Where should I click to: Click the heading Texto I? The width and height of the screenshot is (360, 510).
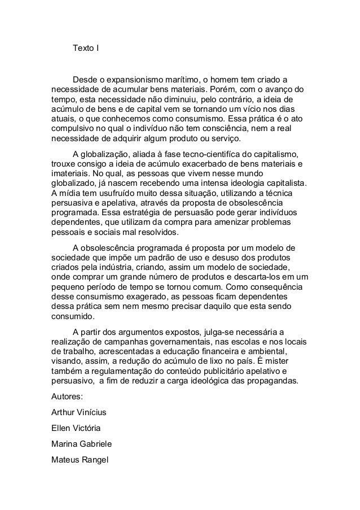click(x=85, y=47)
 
